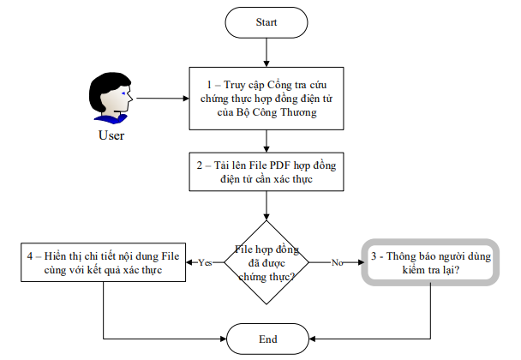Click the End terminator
266,339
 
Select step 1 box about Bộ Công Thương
266,98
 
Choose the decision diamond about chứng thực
266,261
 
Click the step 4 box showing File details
103,261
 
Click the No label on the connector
337,262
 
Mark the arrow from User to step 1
163,98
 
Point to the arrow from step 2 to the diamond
266,206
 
